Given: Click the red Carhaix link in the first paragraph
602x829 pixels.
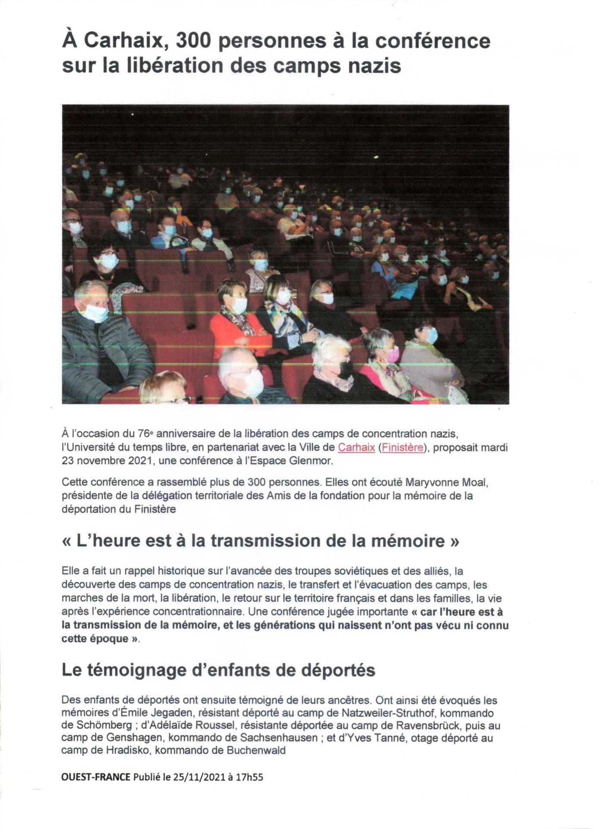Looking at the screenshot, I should (x=356, y=447).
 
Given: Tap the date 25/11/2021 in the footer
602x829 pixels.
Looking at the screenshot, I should (x=199, y=777).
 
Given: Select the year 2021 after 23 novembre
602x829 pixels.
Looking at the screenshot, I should (x=139, y=461).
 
